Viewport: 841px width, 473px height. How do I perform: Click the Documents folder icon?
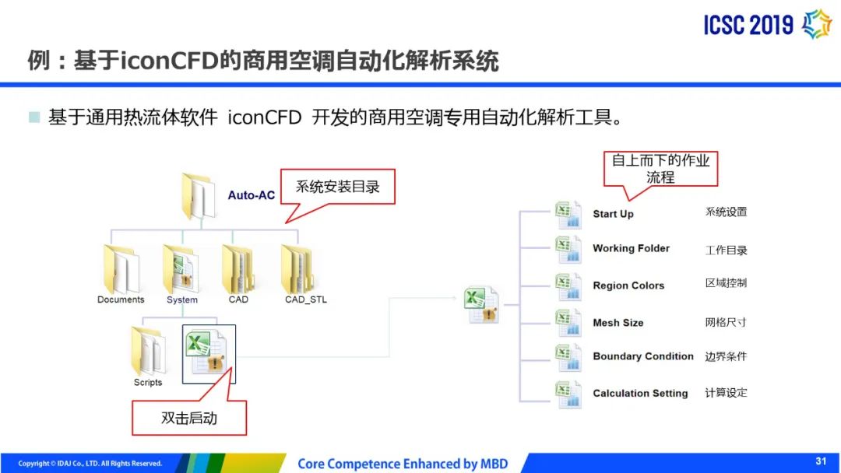tap(121, 269)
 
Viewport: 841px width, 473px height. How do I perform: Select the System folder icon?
tap(181, 269)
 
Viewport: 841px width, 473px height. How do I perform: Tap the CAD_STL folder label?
tap(306, 300)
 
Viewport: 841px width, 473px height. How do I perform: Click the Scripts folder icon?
tap(149, 351)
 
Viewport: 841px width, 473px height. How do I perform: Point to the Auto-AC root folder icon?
tap(199, 197)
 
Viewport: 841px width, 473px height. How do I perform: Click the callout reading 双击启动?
tap(189, 418)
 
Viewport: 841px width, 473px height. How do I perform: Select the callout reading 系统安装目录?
tap(337, 187)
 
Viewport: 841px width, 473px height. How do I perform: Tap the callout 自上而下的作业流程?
tap(660, 169)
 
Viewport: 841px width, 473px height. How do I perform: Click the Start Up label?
tap(613, 214)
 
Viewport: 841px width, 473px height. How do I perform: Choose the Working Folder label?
tap(631, 248)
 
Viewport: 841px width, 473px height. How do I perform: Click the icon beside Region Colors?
tap(568, 286)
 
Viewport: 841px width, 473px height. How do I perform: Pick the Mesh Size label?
tap(618, 323)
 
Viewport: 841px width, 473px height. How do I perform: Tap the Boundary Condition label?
tap(643, 356)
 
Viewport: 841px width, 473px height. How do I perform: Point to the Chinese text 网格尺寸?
tap(726, 323)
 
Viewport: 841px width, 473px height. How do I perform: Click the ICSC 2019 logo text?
tap(748, 25)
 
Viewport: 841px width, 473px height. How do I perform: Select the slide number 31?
tap(821, 461)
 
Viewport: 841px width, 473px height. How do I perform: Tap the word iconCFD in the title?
tap(170, 61)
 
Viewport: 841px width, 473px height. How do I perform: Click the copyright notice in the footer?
tap(90, 464)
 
